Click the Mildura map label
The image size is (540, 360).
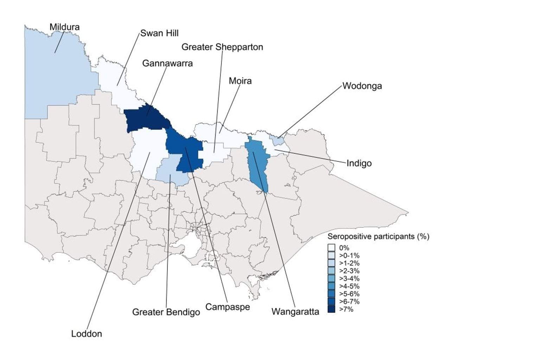[x=64, y=27]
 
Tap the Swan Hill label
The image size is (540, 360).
[x=159, y=33]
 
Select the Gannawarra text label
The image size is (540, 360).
[x=167, y=64]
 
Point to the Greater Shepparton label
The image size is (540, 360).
[x=222, y=47]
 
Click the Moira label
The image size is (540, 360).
[x=240, y=81]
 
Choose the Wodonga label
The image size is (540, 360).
[x=362, y=86]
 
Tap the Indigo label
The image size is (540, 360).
[x=359, y=163]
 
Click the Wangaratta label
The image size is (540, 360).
[x=295, y=312]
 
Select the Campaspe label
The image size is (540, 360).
[x=227, y=307]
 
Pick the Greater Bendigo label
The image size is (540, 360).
[x=166, y=312]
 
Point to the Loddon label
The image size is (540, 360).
[x=86, y=334]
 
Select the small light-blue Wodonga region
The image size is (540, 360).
[x=278, y=141]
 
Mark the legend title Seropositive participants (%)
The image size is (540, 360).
[x=378, y=237]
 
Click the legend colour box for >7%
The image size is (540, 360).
[x=331, y=309]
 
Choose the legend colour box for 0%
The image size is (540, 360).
[x=331, y=248]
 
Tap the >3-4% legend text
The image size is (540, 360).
[x=349, y=279]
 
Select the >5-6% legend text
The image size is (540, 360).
[x=349, y=294]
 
